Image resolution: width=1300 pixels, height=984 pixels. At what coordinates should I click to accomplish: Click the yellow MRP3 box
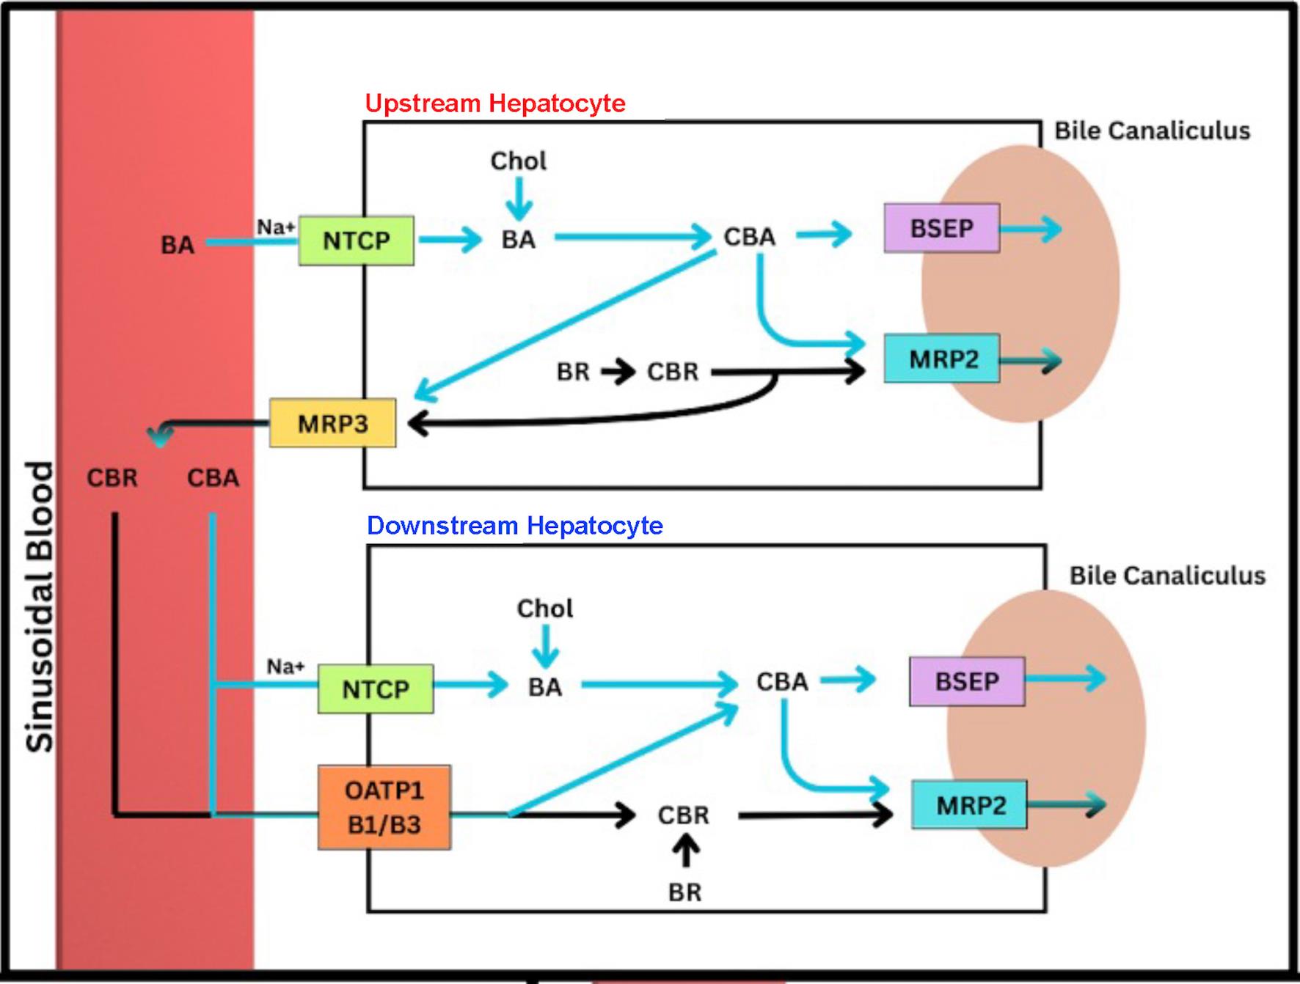[332, 423]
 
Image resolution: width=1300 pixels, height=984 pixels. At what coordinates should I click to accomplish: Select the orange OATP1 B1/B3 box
[384, 807]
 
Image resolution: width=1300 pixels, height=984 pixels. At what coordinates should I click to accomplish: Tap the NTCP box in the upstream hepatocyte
[356, 241]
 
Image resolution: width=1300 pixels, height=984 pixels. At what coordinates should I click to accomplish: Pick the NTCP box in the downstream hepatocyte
[375, 689]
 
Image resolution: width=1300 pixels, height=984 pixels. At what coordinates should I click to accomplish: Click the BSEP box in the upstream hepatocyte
[941, 228]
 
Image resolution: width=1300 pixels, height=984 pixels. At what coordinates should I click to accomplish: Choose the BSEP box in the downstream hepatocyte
[966, 681]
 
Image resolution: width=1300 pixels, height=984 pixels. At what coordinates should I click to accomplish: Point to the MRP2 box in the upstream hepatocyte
[942, 359]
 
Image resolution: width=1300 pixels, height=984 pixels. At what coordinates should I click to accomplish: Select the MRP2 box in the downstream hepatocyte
[969, 805]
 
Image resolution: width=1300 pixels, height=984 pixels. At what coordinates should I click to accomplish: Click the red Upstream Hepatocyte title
[495, 103]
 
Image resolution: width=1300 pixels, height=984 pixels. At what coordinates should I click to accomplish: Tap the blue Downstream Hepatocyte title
[514, 526]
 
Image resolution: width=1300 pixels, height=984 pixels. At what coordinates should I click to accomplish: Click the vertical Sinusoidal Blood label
[40, 606]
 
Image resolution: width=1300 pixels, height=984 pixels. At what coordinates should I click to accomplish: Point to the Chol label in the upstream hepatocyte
[518, 161]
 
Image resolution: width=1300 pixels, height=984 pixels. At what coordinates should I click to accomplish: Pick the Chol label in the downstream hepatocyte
[544, 608]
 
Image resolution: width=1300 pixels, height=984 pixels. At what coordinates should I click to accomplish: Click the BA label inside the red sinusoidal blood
[178, 245]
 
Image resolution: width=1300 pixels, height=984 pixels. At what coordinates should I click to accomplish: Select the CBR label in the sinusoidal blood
[112, 478]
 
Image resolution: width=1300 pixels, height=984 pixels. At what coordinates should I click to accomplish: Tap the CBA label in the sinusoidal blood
[213, 478]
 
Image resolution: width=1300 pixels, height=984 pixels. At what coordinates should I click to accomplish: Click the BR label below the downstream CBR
[684, 892]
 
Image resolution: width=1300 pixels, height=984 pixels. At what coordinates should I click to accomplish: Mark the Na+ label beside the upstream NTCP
[275, 227]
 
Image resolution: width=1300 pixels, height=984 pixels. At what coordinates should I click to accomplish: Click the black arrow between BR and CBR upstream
[618, 372]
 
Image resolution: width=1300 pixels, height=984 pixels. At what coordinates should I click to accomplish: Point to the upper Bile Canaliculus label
[1152, 131]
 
